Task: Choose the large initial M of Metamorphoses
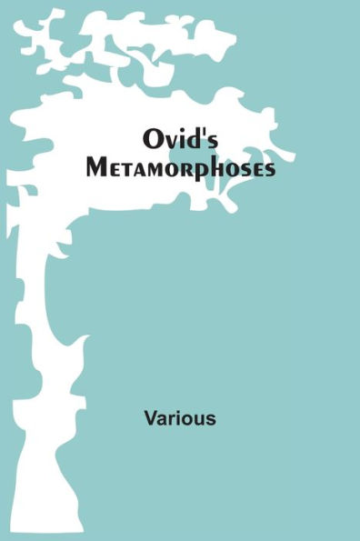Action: [151, 169]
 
